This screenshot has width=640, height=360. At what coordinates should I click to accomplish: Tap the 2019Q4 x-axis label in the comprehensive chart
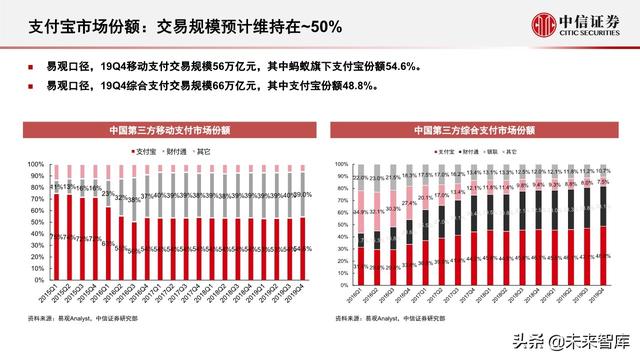point(601,291)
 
